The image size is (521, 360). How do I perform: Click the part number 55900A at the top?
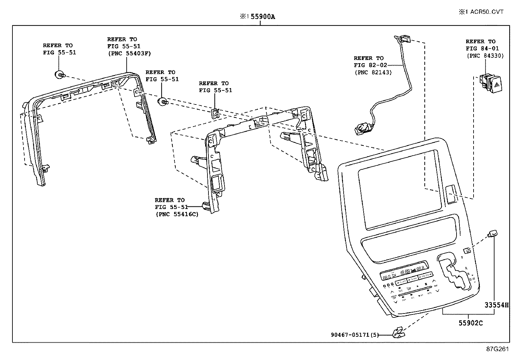click(263, 16)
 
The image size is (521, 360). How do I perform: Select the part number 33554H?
click(496, 305)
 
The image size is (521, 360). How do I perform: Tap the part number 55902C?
click(470, 323)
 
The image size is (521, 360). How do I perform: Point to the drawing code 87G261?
click(497, 349)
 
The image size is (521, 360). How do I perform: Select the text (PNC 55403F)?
click(129, 54)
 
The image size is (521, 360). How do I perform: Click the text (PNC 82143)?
click(373, 72)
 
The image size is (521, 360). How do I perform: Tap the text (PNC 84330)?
click(485, 56)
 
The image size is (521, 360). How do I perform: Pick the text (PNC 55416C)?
click(177, 214)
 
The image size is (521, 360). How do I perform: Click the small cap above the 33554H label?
click(493, 234)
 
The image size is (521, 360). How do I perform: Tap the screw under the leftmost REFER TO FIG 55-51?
click(60, 75)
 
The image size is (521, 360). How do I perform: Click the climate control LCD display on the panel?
click(404, 272)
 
